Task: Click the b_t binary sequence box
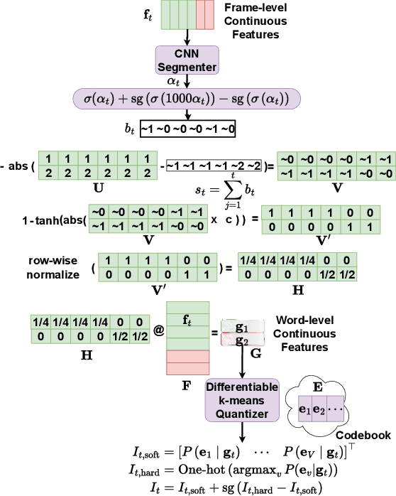coord(187,129)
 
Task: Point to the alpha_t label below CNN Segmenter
coord(186,81)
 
